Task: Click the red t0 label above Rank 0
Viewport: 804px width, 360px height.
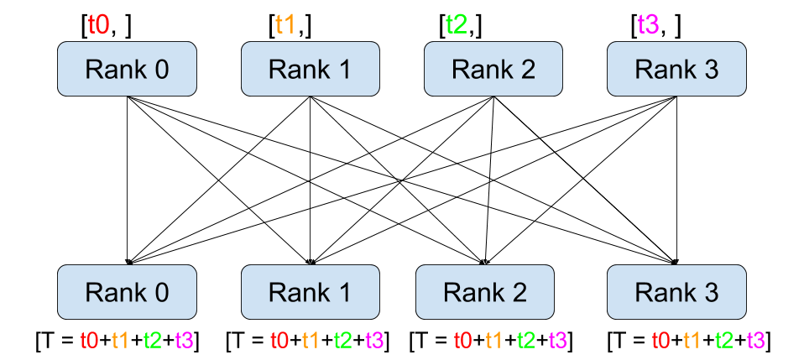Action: [x=99, y=24]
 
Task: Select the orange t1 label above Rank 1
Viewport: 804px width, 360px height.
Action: [x=285, y=24]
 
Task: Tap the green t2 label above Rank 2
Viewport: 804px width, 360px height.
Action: [x=457, y=24]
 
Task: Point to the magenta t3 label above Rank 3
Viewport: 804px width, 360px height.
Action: [x=649, y=24]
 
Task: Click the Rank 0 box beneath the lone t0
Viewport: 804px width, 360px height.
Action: [x=127, y=69]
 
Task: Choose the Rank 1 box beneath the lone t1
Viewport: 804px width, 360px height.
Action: [x=311, y=69]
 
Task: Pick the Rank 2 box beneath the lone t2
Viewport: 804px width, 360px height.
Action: [x=493, y=69]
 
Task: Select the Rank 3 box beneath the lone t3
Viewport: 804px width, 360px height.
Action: [x=676, y=69]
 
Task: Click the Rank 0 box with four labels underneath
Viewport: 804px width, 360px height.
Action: [x=127, y=292]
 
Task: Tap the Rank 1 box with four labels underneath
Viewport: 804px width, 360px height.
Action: [x=311, y=292]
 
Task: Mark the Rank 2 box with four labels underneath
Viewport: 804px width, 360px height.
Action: [x=485, y=292]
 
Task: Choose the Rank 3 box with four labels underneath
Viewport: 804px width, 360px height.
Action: [x=676, y=292]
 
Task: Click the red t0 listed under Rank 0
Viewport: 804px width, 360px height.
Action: [x=90, y=341]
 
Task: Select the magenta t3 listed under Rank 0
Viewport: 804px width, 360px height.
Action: [x=185, y=341]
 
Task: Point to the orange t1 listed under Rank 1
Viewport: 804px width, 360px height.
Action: [x=311, y=341]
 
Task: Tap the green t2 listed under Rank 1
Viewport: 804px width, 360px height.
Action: [x=343, y=341]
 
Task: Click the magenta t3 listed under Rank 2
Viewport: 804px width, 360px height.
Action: [x=558, y=341]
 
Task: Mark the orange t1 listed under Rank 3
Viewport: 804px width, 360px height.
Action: [x=692, y=341]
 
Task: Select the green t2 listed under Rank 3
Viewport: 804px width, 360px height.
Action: [x=724, y=341]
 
